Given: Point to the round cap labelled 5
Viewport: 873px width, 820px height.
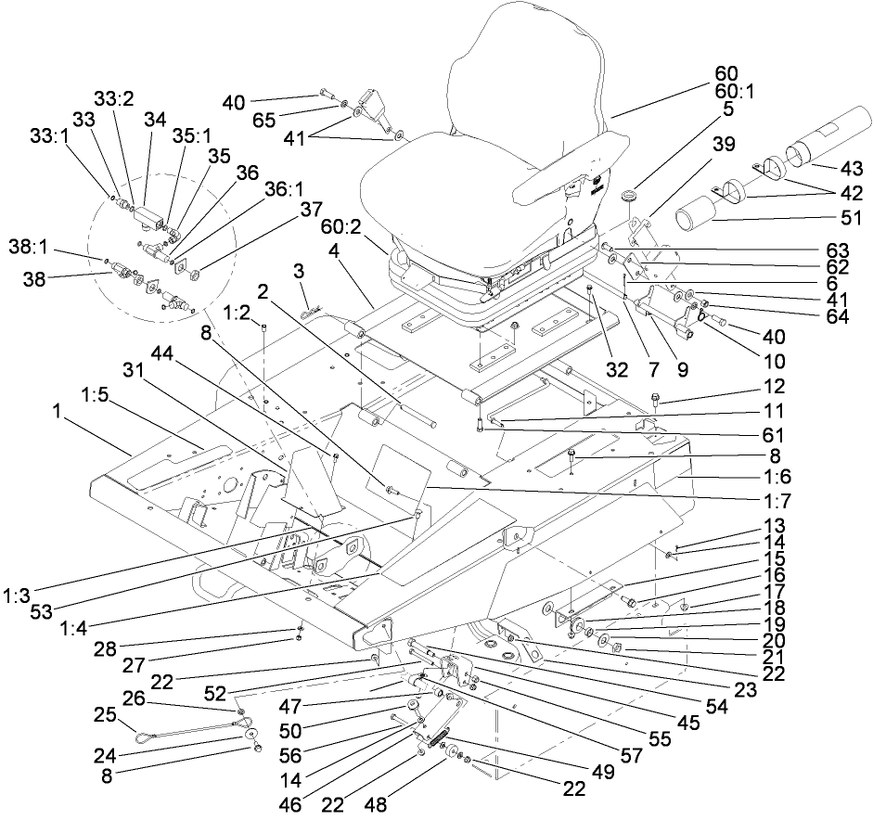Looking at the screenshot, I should [633, 197].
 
